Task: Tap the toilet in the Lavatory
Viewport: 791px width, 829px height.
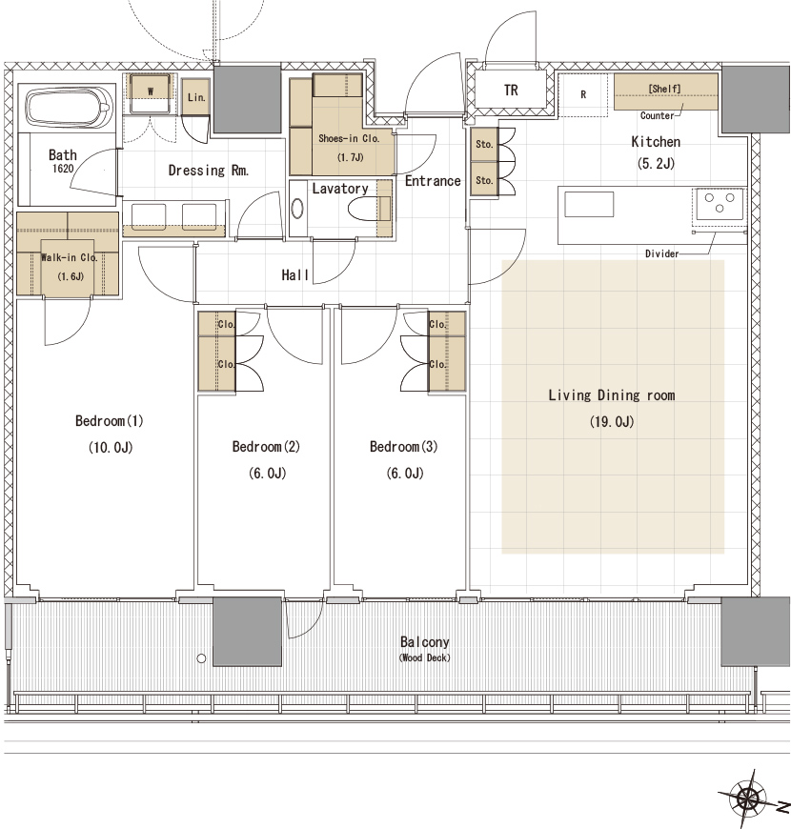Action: (364, 209)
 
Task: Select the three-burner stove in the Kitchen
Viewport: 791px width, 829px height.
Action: (720, 203)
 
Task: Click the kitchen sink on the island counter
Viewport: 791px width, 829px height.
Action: (589, 204)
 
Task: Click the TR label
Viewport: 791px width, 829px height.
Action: (511, 91)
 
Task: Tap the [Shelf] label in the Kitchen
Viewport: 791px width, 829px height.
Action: (664, 89)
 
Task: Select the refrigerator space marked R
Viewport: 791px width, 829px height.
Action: (583, 94)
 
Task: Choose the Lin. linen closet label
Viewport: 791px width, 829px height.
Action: (196, 97)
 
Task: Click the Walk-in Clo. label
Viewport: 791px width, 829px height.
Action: (70, 257)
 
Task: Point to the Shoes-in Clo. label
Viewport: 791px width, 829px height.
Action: (349, 138)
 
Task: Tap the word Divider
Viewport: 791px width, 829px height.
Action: (661, 253)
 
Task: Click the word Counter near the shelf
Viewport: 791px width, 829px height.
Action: (658, 115)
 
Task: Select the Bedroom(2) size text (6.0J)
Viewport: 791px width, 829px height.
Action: (268, 473)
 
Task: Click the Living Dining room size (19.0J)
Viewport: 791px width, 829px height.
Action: (612, 421)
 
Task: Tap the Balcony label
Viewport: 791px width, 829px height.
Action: (425, 642)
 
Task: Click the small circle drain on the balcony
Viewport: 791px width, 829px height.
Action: (201, 658)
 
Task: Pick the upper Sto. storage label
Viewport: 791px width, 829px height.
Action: (484, 144)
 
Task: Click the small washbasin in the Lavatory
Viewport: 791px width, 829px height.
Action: (297, 209)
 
